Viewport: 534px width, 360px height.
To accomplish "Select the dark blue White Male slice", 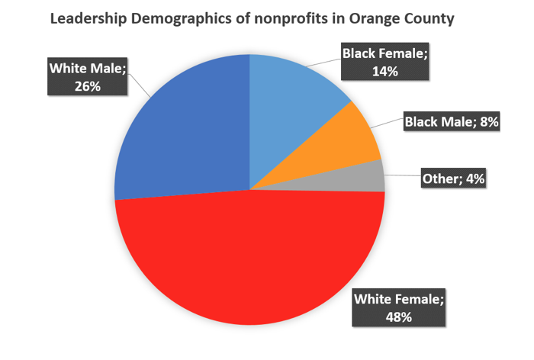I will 183,130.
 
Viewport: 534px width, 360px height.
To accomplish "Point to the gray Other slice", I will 366,177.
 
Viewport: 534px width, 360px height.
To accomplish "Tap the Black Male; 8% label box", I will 451,121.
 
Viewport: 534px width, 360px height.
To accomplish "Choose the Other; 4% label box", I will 453,179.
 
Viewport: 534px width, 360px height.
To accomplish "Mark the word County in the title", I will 429,19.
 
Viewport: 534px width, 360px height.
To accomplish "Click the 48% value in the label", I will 397,316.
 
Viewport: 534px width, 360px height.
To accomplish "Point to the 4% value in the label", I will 473,179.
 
